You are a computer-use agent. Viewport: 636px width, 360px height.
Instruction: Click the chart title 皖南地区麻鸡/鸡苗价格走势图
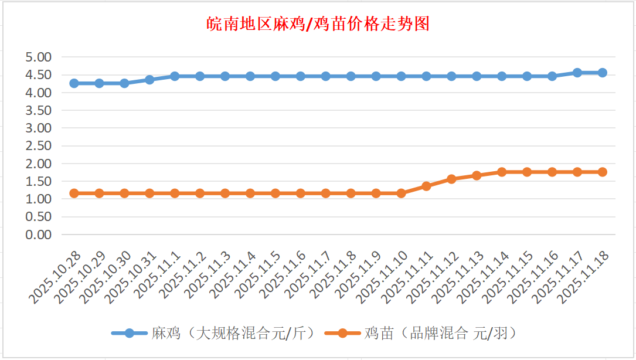click(x=318, y=24)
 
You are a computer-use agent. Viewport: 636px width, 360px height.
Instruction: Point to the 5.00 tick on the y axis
click(x=39, y=57)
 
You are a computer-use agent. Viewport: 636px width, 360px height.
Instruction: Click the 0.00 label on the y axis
click(x=39, y=235)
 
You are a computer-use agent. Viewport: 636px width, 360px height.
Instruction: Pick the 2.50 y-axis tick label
click(x=39, y=146)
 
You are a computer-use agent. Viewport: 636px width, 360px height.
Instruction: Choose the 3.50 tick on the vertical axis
click(x=39, y=110)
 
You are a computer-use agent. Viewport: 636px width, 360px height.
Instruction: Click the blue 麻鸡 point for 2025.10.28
click(x=74, y=83)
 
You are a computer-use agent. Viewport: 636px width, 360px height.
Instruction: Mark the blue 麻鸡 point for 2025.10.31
click(x=149, y=79)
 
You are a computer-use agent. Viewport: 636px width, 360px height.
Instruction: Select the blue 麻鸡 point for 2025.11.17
click(x=577, y=73)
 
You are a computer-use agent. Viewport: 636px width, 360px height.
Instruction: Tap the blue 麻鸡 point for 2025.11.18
click(x=602, y=73)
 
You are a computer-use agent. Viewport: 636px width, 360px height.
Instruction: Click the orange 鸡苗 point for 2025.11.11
click(x=426, y=186)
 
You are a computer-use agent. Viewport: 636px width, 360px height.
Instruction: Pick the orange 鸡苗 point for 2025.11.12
click(x=451, y=179)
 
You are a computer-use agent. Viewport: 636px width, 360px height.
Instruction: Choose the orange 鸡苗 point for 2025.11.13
click(x=477, y=175)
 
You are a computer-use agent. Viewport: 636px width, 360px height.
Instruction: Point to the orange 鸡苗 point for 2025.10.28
click(x=74, y=193)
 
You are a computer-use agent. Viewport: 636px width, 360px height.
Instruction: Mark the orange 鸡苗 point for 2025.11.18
click(x=602, y=172)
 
